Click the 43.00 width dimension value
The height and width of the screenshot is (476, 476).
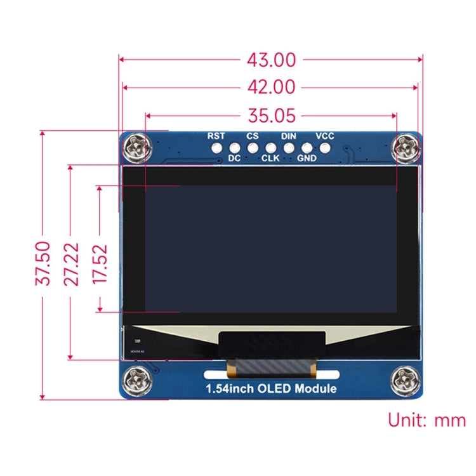[271, 60]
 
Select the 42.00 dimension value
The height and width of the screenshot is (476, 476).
[271, 88]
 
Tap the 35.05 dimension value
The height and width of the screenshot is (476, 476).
[271, 116]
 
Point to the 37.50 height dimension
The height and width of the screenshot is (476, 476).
[43, 263]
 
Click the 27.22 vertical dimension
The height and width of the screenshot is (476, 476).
[72, 263]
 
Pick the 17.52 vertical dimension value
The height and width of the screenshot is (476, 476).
[100, 263]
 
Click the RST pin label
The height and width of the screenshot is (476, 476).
[216, 136]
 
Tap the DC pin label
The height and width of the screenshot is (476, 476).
[234, 159]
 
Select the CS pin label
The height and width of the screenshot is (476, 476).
[253, 136]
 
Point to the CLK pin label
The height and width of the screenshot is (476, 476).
[270, 159]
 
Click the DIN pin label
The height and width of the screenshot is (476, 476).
[289, 136]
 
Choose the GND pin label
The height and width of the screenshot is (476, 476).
[307, 159]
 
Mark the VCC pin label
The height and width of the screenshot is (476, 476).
[325, 136]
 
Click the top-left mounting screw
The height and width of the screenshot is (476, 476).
[138, 149]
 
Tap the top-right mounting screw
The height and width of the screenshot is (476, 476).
[405, 149]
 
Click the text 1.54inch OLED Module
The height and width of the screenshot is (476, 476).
[270, 388]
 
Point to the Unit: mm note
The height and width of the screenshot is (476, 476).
[426, 420]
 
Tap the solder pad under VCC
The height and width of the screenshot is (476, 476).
[326, 148]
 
